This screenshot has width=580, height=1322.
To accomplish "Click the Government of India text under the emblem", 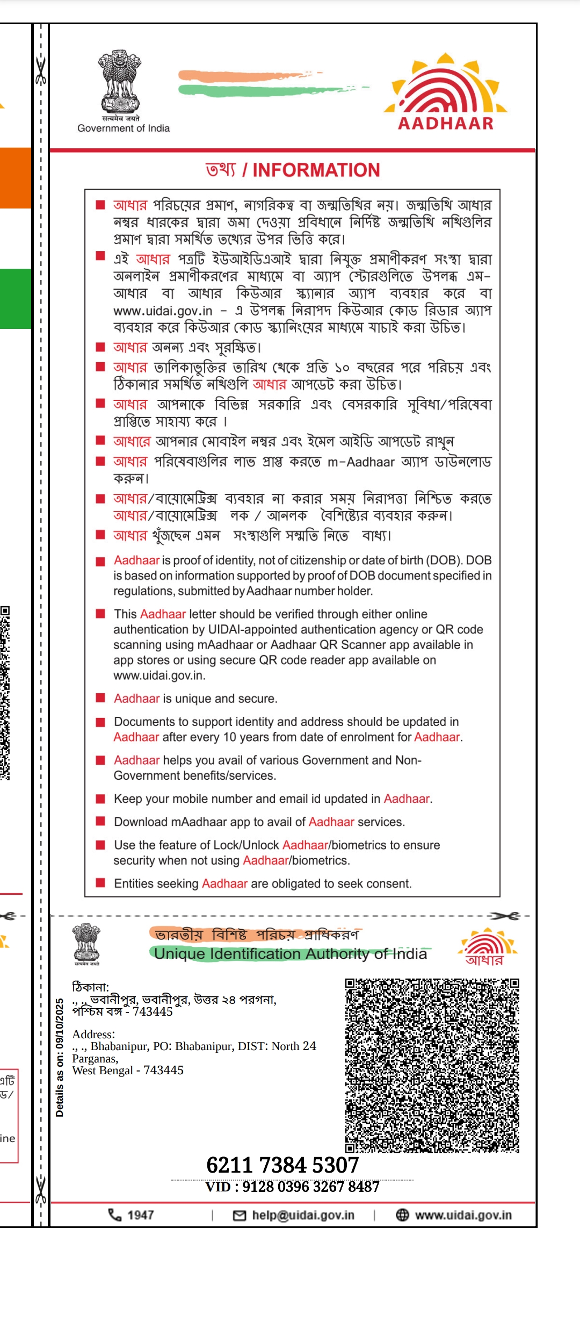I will (x=124, y=128).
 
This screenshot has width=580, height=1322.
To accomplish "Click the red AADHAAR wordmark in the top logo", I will (x=446, y=124).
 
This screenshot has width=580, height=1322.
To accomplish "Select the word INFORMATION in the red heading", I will (x=316, y=170).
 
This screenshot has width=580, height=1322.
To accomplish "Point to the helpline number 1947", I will (x=141, y=1215).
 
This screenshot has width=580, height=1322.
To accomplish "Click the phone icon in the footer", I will (x=115, y=1215).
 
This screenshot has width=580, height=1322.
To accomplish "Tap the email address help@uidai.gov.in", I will (x=303, y=1215).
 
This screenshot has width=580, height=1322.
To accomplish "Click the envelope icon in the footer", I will (x=240, y=1216).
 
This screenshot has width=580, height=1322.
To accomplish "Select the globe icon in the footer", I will (x=402, y=1215).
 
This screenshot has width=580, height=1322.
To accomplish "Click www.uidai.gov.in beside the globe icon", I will (x=463, y=1215).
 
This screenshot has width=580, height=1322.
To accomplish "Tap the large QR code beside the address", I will (x=432, y=1066).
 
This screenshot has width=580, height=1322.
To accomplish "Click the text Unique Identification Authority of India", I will (x=291, y=954).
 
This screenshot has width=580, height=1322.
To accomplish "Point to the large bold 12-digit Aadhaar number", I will (x=282, y=1165).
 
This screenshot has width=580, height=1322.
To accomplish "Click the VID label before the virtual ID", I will (x=218, y=1187).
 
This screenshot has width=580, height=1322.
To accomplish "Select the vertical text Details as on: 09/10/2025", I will (x=60, y=1057).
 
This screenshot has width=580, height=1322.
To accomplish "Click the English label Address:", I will (x=93, y=1034).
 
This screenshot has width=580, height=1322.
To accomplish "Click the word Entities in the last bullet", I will (x=134, y=884).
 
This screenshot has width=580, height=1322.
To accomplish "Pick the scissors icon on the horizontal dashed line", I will (x=505, y=916).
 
